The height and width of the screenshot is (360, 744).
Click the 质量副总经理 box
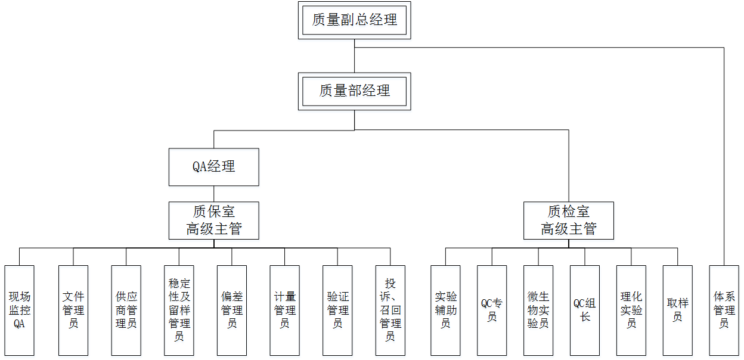click(355, 20)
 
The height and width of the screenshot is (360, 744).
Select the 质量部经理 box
click(355, 91)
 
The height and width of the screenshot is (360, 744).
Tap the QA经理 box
click(213, 167)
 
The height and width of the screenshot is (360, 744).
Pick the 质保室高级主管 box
click(213, 221)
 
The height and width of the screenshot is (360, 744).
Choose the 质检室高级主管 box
click(568, 221)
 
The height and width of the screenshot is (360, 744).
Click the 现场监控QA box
click(20, 310)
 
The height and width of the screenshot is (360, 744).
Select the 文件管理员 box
click(73, 310)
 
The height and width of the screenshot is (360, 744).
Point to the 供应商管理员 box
click(126, 310)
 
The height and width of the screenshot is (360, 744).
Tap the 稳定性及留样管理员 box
click(179, 310)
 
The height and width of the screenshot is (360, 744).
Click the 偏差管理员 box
click(232, 310)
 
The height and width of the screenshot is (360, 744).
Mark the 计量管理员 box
click(284, 310)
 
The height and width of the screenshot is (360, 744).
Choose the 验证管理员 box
click(337, 310)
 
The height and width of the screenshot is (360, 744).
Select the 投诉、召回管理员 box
click(390, 310)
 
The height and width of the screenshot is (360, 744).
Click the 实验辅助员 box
click(445, 310)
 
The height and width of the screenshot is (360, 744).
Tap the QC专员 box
click(492, 310)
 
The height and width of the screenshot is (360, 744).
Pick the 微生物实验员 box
click(538, 310)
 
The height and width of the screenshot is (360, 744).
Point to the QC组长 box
click(585, 310)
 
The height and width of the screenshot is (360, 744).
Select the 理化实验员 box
click(631, 310)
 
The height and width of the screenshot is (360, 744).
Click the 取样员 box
click(678, 310)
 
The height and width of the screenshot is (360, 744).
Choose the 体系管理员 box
click(724, 310)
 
